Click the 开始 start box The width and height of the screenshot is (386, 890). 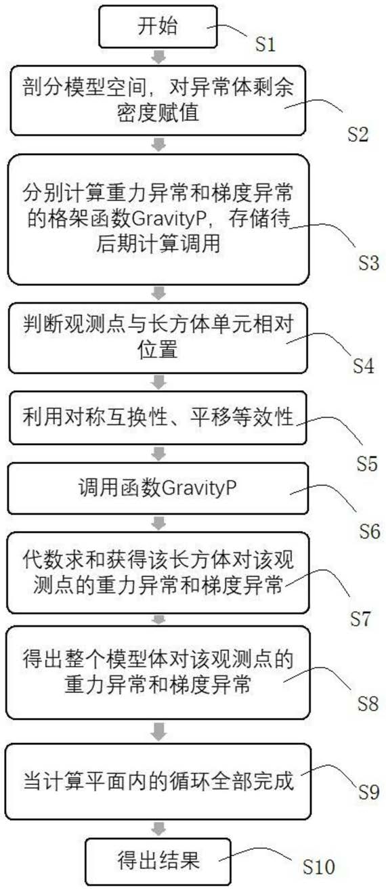158,26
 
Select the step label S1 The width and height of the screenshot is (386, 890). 265,44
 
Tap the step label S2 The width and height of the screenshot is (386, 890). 358,134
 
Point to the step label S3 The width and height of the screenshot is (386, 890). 368,263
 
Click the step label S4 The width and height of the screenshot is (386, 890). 364,365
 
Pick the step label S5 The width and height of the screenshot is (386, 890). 366,463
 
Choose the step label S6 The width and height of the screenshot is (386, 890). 369,531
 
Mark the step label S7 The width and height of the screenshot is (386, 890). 360,619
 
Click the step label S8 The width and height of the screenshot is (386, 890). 368,704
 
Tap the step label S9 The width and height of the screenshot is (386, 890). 368,792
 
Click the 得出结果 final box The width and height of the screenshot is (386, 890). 158,861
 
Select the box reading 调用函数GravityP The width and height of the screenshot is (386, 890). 158,488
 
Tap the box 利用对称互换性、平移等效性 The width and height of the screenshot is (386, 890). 158,418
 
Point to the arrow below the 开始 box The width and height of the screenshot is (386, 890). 159,57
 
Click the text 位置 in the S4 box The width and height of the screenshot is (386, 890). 158,349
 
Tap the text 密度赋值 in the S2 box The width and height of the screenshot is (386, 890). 158,112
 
